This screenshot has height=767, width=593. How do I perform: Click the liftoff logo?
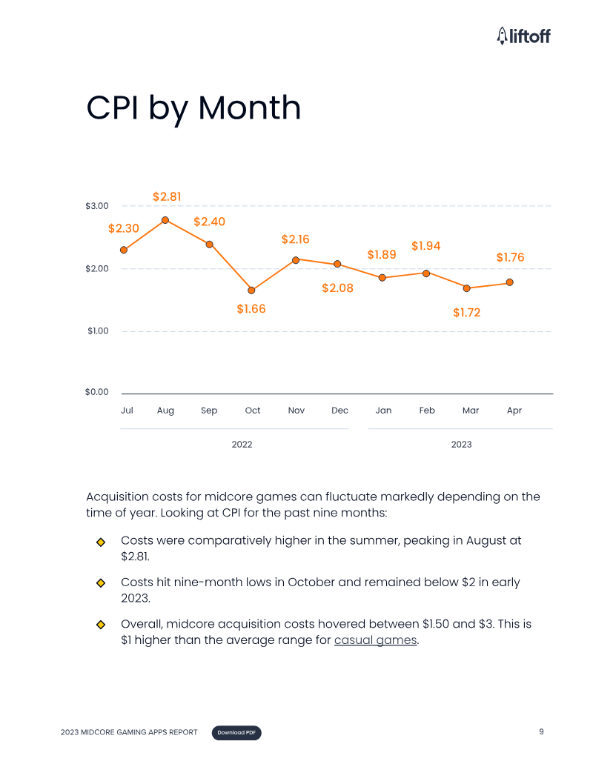[523, 36]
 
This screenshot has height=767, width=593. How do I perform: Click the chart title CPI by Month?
[193, 108]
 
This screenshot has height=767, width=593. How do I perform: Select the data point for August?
[165, 220]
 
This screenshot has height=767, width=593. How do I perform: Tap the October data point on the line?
[251, 290]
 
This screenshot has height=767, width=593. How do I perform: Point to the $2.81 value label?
[167, 196]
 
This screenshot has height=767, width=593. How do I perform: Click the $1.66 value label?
[251, 309]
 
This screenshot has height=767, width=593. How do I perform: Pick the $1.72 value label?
[466, 313]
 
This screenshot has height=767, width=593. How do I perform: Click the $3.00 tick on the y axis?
[97, 206]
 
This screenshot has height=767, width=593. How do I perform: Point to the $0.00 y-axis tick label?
[97, 392]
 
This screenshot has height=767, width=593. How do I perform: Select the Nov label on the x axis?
[296, 411]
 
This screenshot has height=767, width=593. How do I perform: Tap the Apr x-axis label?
[514, 411]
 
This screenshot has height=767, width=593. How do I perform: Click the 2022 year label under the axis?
[242, 445]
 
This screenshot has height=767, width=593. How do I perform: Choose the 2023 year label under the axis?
[461, 445]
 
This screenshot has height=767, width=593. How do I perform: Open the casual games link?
[376, 640]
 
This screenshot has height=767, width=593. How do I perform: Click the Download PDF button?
[236, 733]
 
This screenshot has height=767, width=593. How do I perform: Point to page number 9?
[541, 732]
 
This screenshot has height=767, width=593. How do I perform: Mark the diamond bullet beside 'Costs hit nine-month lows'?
[101, 583]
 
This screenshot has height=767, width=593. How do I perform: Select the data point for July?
[124, 250]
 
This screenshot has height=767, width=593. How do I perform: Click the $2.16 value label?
[295, 239]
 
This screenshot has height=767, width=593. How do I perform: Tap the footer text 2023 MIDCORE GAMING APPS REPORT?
[129, 733]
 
